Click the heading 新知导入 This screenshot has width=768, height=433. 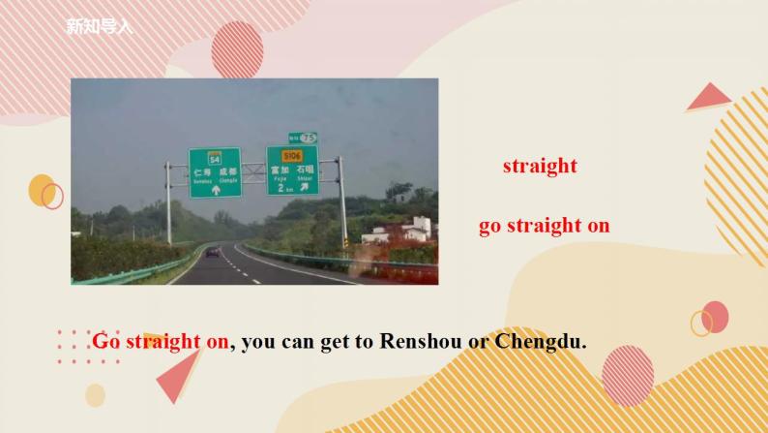point(98,26)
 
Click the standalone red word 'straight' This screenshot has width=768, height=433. point(540,166)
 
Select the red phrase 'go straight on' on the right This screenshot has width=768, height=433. point(545,226)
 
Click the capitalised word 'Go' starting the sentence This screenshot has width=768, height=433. point(106,341)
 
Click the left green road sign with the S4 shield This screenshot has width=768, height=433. point(214,172)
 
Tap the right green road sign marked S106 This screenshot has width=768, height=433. point(292,170)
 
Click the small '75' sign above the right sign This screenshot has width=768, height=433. point(303,138)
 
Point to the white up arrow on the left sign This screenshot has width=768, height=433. point(215,190)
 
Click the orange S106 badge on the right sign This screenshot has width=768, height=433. point(292,156)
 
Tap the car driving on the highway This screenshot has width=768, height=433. point(213,253)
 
